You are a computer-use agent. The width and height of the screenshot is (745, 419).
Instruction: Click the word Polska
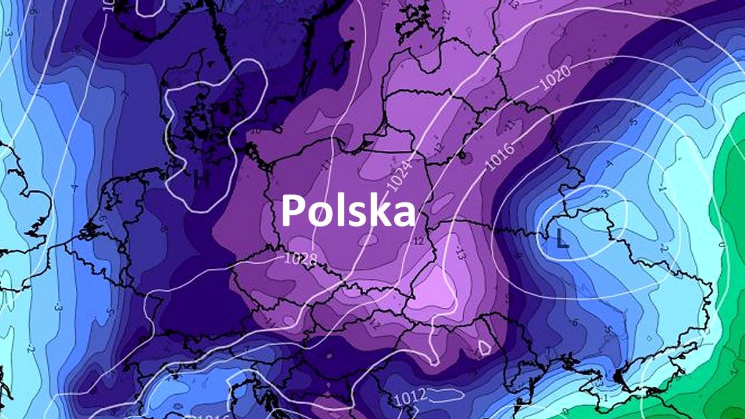pos(348,210)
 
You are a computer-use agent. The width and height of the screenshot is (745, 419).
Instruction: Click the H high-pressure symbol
pos(200,179)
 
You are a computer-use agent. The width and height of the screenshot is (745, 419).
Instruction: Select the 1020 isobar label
pos(555,81)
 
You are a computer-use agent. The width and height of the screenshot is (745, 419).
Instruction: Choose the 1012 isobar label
pos(410,394)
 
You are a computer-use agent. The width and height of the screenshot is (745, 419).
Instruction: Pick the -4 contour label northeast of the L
pos(610,164)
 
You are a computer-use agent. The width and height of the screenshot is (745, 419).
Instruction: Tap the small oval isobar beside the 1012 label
pos(447,393)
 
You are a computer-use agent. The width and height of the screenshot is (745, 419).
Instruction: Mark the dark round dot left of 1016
pos(463,154)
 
